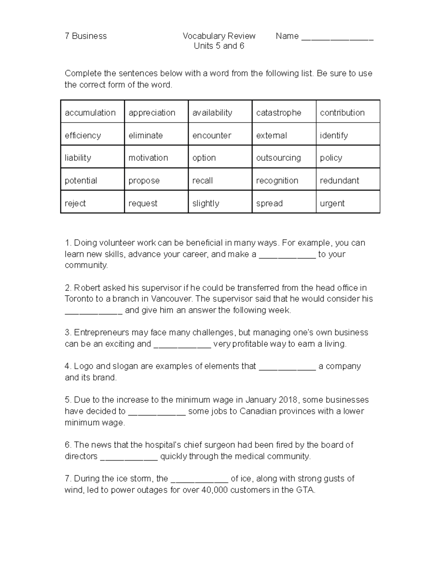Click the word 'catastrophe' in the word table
coord(279,113)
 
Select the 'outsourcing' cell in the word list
coord(278,158)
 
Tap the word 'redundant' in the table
coord(339,181)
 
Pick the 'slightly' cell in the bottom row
coord(206,203)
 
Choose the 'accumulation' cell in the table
coord(90,113)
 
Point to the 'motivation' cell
coord(148,158)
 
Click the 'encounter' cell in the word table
coord(212,135)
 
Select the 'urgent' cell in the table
coord(332,203)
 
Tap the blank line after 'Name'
coord(337,37)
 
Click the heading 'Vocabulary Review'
coord(219,36)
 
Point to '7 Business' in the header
coord(86,36)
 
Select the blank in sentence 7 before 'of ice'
coord(200,480)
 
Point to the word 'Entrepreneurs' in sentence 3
coord(98,333)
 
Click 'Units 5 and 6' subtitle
coord(219,46)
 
